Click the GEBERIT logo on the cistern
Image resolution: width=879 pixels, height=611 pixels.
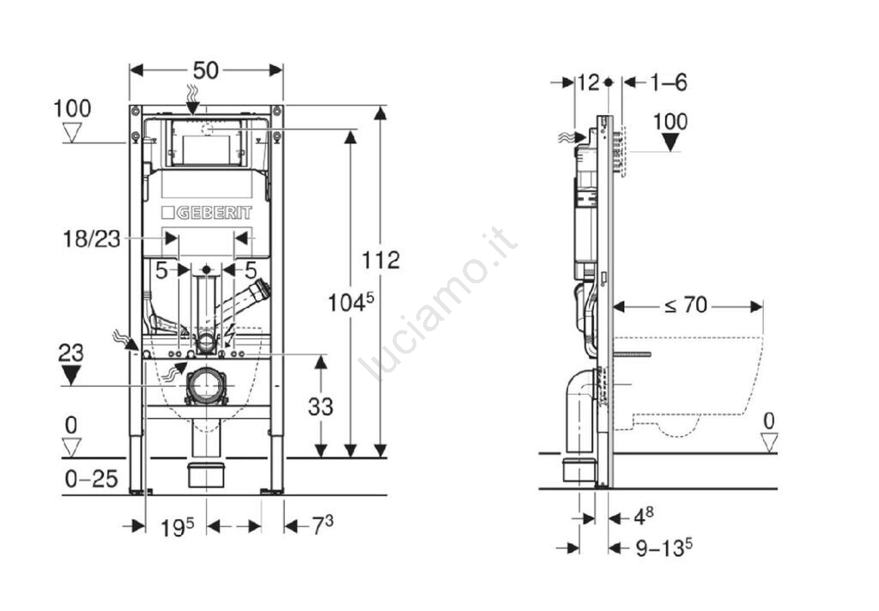[206, 213]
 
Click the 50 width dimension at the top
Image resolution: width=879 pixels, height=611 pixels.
[206, 70]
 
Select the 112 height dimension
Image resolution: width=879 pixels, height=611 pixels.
[380, 260]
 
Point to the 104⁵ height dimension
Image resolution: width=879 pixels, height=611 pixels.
[350, 303]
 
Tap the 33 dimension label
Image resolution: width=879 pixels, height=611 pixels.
[321, 407]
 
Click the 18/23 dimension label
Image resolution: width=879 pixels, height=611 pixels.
[91, 239]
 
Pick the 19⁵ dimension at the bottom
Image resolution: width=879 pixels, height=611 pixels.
[177, 527]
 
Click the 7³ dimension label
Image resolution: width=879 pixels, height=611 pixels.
[323, 524]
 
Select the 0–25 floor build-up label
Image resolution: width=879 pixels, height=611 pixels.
[91, 479]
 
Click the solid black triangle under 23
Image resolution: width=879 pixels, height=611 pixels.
[70, 375]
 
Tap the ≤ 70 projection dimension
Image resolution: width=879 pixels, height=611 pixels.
[686, 305]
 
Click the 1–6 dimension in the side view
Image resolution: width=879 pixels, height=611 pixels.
[669, 83]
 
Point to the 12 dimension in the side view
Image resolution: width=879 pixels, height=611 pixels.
[588, 83]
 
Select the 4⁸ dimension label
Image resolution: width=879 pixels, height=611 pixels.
[644, 517]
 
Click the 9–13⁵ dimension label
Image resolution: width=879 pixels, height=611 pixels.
[664, 547]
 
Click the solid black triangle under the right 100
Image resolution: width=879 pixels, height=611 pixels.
[670, 142]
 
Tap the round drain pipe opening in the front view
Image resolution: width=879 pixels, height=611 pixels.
[206, 386]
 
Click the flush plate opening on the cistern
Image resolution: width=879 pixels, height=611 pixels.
[206, 142]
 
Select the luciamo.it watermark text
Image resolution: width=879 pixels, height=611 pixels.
[437, 304]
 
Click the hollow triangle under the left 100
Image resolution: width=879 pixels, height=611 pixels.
[72, 133]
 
